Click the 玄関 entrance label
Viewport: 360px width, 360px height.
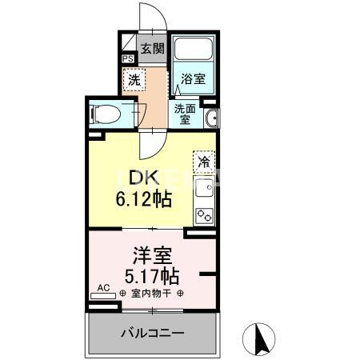pos(152,48)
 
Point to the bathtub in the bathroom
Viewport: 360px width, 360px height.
pos(194,53)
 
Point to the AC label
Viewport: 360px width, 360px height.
pos(103,287)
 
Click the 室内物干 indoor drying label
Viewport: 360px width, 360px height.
pos(151,293)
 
